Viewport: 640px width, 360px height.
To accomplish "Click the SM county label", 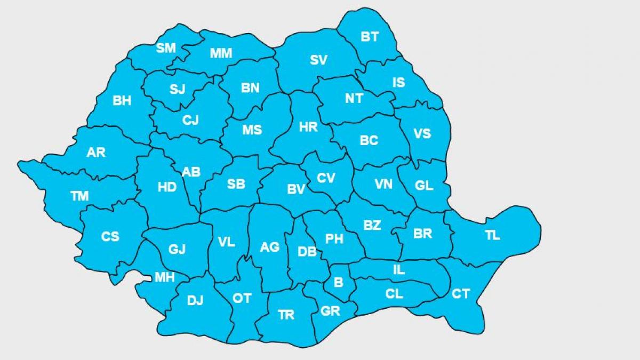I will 166,48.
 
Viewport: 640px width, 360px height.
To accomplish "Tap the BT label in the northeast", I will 370,37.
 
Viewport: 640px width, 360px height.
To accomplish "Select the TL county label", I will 493,235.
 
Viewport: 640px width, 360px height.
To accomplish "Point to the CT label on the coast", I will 461,293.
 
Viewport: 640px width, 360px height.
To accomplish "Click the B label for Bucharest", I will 338,283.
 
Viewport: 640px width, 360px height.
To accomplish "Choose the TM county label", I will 79,196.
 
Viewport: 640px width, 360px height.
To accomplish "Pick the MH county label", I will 164,277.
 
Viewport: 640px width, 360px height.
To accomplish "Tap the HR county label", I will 308,127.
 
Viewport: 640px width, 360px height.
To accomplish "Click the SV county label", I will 318,60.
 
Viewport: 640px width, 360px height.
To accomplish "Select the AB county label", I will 191,172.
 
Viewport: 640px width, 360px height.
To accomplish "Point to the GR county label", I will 330,311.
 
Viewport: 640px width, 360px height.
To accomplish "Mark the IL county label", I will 398,270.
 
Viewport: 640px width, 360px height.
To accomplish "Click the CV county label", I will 325,178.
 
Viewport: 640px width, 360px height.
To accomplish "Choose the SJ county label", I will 177,89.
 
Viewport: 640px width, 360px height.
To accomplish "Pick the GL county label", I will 424,186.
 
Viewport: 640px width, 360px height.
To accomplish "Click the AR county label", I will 96,153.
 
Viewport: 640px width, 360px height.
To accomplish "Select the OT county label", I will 242,298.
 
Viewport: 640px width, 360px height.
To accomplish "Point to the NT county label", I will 354,99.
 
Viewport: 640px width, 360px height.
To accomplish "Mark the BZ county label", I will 372,225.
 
